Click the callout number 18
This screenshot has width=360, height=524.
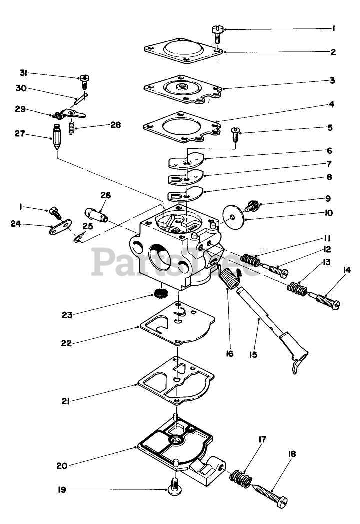(x=292, y=454)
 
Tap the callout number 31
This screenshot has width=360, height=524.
(x=23, y=73)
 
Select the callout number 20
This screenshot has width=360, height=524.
(x=62, y=466)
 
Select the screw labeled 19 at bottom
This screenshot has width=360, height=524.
(x=175, y=486)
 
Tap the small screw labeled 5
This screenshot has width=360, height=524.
(x=235, y=134)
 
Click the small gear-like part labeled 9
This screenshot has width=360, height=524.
(x=254, y=205)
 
